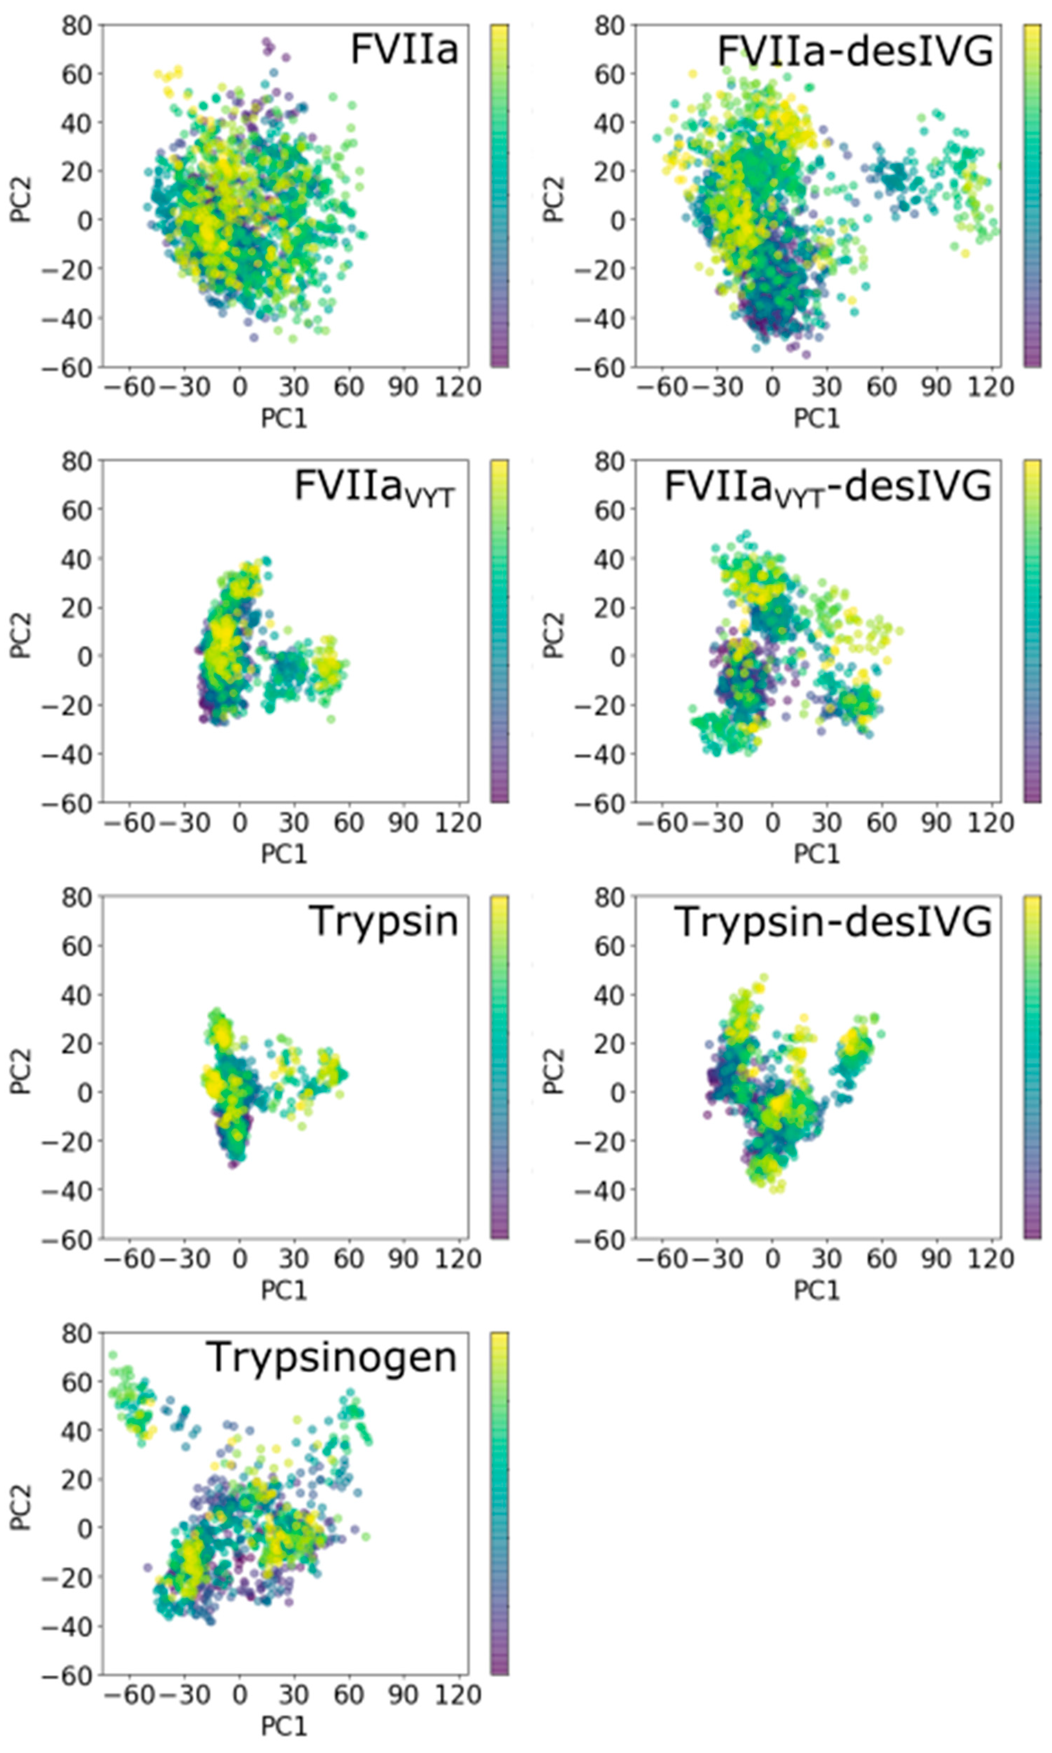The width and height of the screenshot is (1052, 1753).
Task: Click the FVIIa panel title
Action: coord(404,50)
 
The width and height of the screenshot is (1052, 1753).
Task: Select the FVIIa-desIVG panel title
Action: coord(854,51)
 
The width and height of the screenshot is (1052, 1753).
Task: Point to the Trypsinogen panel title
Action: coord(332,1357)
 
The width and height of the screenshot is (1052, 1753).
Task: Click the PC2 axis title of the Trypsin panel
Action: coord(21,1070)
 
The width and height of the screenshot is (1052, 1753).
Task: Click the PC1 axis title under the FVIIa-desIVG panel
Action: coord(817,418)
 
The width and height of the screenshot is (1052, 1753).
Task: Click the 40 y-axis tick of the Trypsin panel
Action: coord(77,995)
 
